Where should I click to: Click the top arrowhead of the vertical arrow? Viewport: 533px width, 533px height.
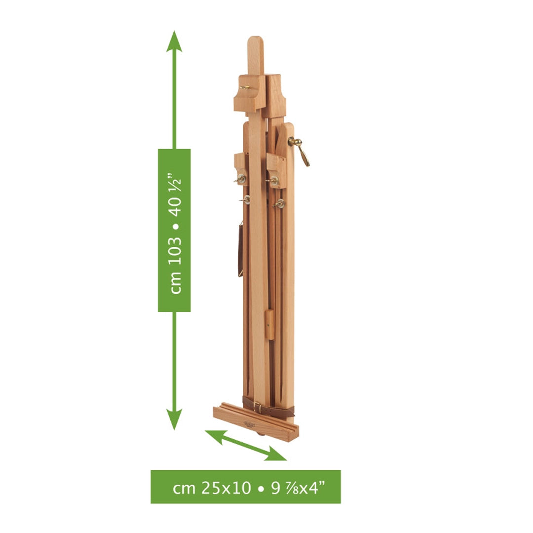coord(174,41)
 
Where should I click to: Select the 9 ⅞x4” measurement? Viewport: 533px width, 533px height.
coord(299,488)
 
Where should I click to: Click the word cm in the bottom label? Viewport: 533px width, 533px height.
coord(185,488)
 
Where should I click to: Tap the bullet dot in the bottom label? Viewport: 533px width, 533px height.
coord(260,488)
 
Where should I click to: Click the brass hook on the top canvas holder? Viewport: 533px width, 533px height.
coord(245,88)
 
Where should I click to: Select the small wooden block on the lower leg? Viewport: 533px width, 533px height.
coord(269,325)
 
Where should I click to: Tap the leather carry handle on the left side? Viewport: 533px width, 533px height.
coord(240,249)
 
